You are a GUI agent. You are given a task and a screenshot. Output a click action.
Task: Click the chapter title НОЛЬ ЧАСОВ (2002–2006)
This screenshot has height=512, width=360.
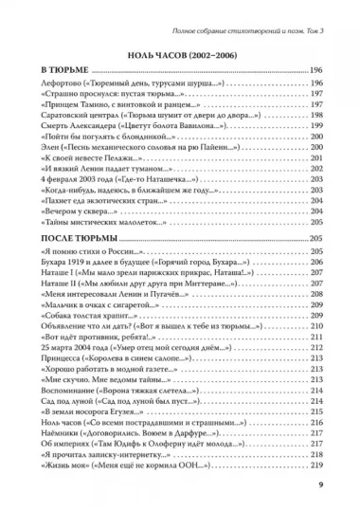point(179,54)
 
